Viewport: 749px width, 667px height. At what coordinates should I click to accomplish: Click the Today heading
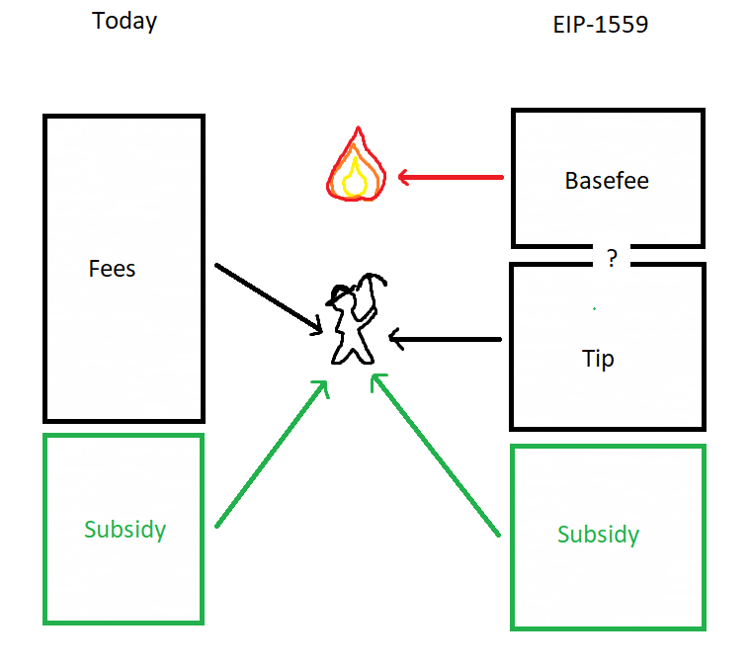coord(125,22)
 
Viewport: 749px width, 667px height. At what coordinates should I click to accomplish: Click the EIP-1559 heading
coord(601,25)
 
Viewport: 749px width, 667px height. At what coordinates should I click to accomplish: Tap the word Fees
coord(113,269)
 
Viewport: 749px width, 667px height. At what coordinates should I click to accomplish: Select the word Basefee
coord(607,181)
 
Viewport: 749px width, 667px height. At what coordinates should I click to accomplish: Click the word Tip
coord(598,359)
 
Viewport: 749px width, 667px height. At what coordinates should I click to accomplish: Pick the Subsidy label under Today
coord(125,530)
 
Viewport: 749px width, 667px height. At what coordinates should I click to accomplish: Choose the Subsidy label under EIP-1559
coord(599,535)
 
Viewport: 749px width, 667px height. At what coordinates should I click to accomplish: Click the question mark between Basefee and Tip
coord(612,258)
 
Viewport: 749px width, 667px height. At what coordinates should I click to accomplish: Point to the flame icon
coord(357,164)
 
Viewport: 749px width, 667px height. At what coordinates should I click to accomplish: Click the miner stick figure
coord(356,319)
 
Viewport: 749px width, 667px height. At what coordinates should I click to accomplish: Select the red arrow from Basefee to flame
coord(451,177)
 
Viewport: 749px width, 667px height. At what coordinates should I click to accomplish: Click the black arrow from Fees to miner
coord(269,299)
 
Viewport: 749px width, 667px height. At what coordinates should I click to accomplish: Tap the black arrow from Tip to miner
coord(446,339)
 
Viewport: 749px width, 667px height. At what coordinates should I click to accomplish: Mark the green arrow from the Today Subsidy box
coord(272,454)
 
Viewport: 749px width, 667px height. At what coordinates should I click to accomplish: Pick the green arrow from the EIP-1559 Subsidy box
coord(435,455)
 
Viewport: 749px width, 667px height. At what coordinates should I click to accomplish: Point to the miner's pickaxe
coord(369,296)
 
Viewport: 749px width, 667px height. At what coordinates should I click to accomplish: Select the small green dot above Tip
coord(594,308)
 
